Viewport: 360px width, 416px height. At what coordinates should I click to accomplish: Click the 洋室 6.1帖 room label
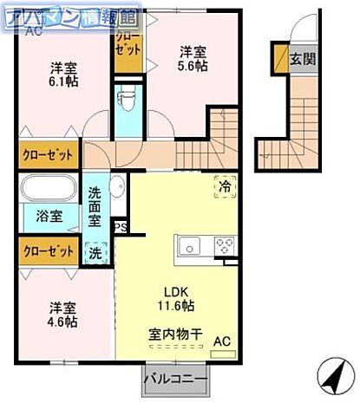tap(62, 75)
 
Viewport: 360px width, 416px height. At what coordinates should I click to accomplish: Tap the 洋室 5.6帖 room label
tap(193, 58)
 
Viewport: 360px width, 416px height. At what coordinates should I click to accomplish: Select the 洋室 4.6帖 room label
tap(62, 314)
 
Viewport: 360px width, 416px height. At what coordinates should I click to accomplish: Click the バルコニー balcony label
tap(176, 380)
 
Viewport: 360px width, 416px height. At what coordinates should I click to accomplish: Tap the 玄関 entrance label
tap(303, 60)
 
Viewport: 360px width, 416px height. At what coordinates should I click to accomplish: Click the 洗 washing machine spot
tap(95, 254)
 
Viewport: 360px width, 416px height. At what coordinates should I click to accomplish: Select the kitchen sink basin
tap(191, 246)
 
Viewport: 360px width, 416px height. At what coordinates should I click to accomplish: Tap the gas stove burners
tap(224, 244)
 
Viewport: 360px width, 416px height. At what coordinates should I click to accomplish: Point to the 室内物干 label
tap(175, 332)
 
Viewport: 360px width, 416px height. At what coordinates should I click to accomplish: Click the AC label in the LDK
tap(222, 341)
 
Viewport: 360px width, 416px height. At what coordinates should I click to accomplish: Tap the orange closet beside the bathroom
tap(49, 251)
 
